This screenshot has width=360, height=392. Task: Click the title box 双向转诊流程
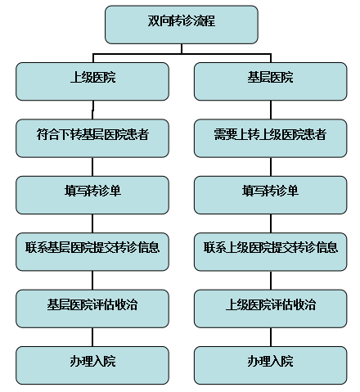coord(182,25)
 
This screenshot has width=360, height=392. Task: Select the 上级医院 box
coord(92,81)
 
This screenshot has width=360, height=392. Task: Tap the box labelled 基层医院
coord(271,81)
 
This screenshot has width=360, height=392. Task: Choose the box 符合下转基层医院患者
coord(92,138)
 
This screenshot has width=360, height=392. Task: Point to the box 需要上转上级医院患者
coord(271,138)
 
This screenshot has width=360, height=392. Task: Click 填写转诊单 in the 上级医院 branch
coord(92,195)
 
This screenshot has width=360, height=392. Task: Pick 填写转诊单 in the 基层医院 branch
coord(271,195)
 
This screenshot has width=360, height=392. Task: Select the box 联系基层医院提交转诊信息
coord(92,252)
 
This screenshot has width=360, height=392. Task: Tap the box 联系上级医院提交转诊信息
coord(271,252)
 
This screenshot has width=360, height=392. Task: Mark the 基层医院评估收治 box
coord(92,309)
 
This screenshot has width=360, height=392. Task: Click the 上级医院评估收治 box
coord(271,309)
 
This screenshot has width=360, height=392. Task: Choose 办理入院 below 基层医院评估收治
coord(92,366)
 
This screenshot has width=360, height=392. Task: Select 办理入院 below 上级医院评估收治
coord(271,366)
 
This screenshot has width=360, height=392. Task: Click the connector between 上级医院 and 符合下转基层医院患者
coord(92,110)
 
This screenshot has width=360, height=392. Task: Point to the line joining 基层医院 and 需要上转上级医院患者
coord(271,110)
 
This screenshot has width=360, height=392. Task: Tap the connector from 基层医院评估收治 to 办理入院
coord(92,337)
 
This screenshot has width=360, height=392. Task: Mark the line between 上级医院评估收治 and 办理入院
coord(271,337)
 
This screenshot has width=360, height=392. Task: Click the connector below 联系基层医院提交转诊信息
coord(92,281)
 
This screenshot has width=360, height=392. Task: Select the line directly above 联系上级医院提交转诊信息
coord(271,223)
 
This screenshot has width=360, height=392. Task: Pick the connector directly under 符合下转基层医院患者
coord(92,167)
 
